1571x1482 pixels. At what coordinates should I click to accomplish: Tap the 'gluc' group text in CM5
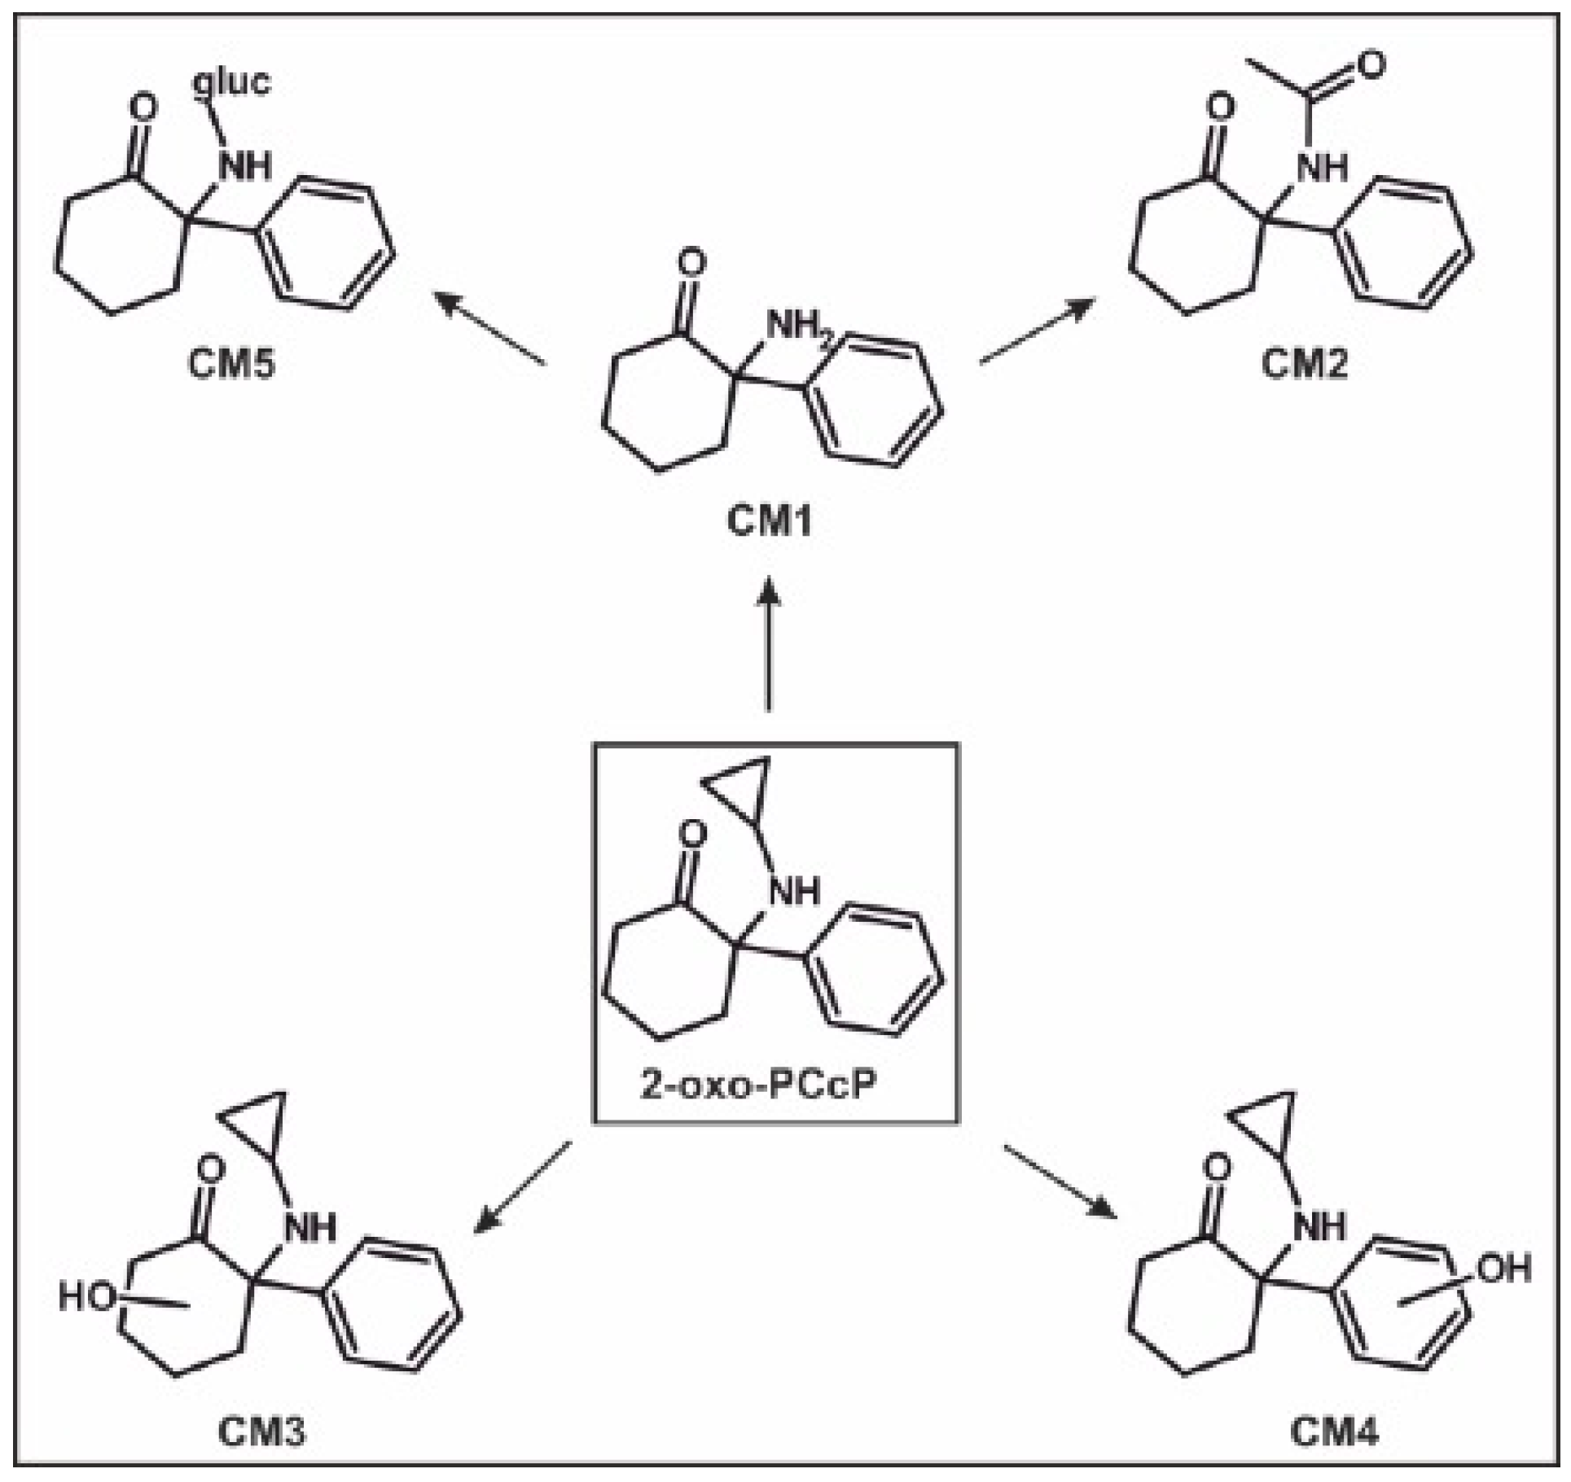click(232, 83)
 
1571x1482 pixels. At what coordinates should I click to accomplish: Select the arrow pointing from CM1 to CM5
click(489, 329)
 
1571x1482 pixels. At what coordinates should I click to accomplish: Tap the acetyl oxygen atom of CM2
click(1371, 65)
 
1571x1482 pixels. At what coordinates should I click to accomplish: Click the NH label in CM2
click(1321, 167)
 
